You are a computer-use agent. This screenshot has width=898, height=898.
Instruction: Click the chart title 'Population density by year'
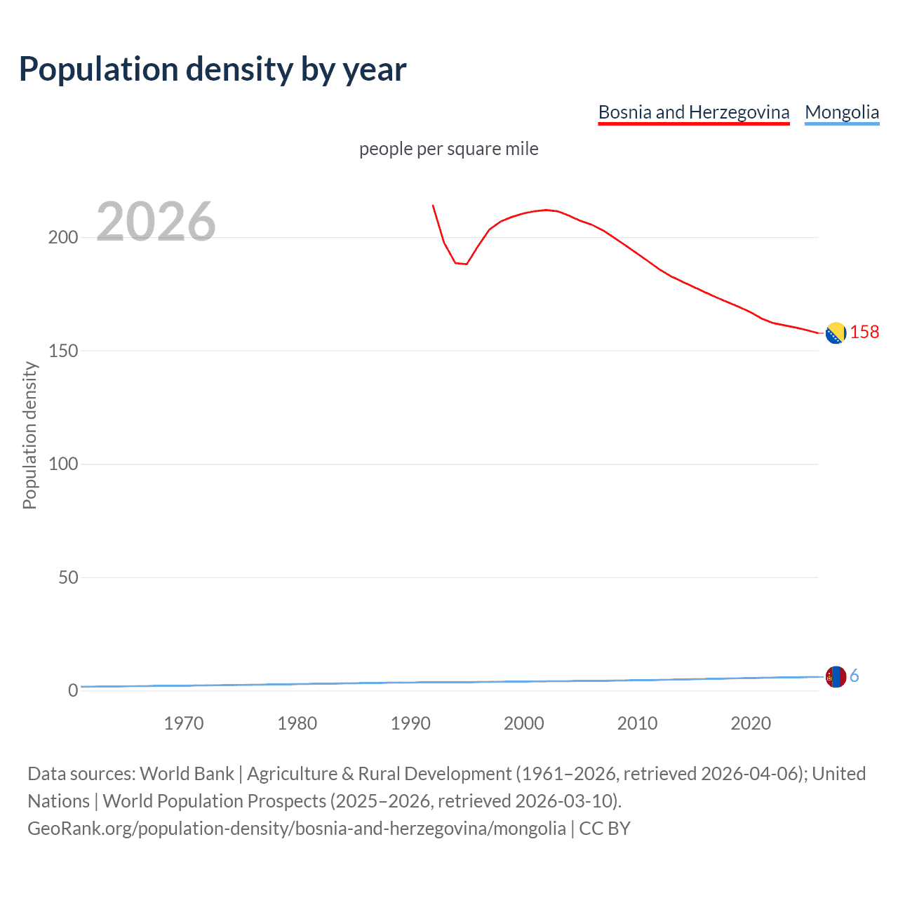click(213, 69)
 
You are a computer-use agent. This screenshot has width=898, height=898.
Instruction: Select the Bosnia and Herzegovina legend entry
click(693, 112)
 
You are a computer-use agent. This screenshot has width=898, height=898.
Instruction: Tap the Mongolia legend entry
click(841, 112)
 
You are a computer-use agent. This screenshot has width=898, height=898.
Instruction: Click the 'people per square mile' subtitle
click(448, 149)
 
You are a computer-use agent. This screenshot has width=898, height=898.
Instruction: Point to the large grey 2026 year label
click(156, 222)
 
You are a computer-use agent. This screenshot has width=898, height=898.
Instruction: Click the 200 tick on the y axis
click(63, 238)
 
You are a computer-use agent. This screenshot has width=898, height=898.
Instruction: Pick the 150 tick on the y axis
click(63, 351)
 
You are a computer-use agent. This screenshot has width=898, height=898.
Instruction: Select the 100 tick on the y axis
click(63, 464)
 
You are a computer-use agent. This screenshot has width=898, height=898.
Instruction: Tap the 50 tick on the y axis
click(68, 577)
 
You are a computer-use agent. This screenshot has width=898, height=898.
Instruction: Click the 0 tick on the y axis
click(73, 691)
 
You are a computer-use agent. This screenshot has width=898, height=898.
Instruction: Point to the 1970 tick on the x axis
click(184, 723)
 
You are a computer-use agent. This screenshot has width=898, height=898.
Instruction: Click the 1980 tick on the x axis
click(297, 723)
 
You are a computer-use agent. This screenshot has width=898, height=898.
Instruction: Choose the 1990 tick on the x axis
click(410, 723)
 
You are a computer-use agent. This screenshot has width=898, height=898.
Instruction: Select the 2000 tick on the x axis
click(524, 723)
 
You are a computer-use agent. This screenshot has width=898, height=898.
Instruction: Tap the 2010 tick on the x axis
click(637, 723)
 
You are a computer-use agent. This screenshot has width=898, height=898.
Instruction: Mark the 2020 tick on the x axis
click(751, 723)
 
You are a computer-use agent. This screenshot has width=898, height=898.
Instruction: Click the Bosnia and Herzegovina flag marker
click(836, 333)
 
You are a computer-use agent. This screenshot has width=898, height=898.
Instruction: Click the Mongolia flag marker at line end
click(836, 677)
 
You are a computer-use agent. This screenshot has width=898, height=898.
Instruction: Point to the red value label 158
click(864, 333)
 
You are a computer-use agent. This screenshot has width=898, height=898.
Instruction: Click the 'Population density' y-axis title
click(29, 435)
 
